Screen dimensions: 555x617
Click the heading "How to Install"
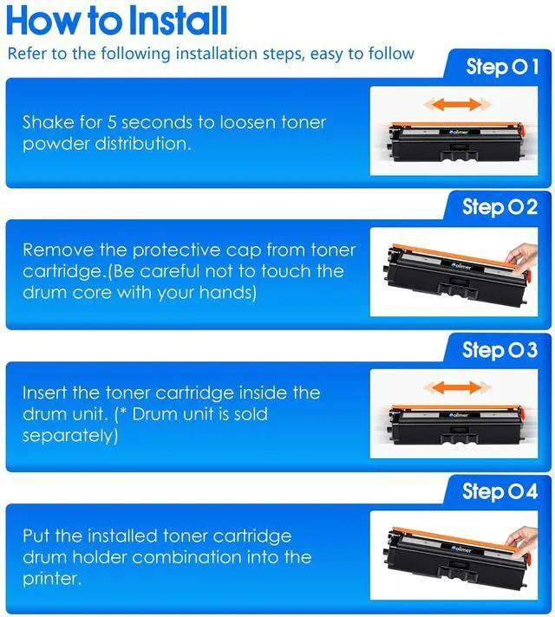[116, 21]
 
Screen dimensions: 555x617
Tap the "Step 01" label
[502, 67]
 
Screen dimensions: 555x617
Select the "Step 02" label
[499, 207]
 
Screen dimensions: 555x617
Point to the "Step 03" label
[499, 350]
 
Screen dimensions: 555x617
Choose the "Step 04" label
[499, 491]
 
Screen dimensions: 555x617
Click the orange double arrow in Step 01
[457, 105]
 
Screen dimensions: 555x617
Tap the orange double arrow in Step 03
[457, 387]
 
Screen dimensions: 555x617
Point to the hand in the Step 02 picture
[522, 257]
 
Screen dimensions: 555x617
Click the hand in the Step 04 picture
[522, 541]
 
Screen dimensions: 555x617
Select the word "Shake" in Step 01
[48, 122]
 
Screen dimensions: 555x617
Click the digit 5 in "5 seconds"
[112, 122]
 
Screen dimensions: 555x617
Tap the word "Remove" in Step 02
[58, 250]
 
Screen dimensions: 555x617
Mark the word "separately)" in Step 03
[70, 436]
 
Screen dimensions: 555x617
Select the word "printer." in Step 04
[52, 579]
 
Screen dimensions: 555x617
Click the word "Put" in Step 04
[36, 536]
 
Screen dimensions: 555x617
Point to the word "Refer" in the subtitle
[26, 54]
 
